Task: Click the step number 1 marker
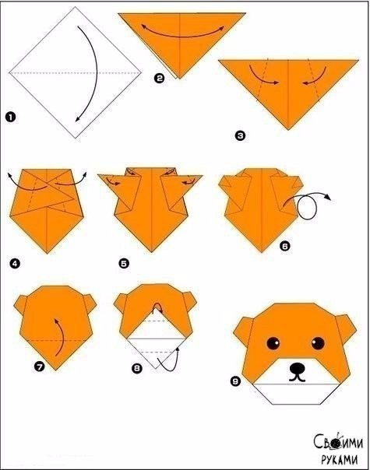coord(10,117)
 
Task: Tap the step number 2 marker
coord(159,79)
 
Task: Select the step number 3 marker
coord(240,135)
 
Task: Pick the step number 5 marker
coord(124,264)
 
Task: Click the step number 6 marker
coord(285,246)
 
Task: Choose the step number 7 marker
coord(39,366)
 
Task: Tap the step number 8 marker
coord(137,368)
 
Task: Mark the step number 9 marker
coord(235,381)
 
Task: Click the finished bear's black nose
coord(297,367)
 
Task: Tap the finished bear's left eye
coord(273,343)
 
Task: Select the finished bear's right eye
coord(318,343)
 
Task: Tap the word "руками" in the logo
coord(340,460)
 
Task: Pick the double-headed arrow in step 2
coord(182,35)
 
